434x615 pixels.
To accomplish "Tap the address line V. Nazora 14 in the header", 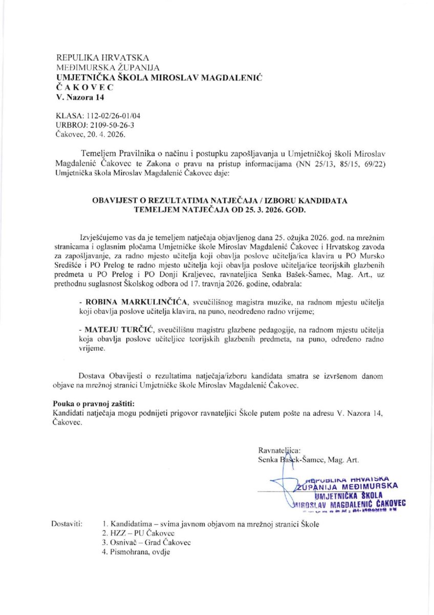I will tap(80, 97).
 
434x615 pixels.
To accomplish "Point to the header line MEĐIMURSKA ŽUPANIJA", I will tap(108, 68).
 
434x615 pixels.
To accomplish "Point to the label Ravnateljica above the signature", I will tap(280, 450).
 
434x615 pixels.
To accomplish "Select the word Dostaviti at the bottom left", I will tap(67, 524).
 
